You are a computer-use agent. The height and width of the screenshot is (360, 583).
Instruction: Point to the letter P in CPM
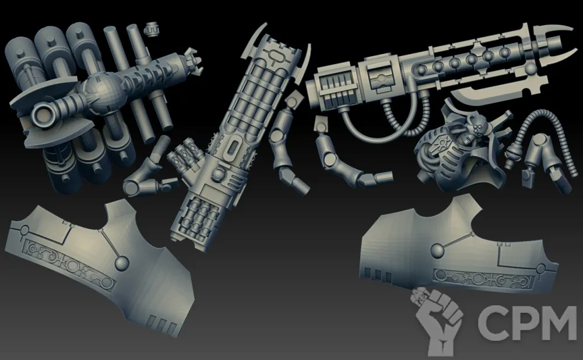coord(523,323)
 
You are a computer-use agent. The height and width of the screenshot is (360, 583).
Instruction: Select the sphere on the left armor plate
coord(121,263)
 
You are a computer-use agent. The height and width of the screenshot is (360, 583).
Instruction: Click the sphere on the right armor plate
coord(438,250)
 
